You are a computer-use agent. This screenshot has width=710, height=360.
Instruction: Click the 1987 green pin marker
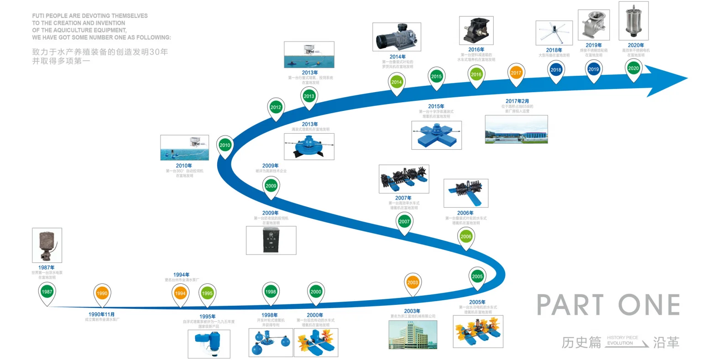(47, 292)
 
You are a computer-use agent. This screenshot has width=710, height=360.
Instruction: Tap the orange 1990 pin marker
(102, 294)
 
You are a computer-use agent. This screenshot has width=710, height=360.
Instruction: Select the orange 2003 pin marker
(412, 283)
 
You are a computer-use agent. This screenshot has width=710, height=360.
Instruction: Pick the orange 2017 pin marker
(516, 73)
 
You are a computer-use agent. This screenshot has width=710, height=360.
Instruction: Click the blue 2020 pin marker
(633, 68)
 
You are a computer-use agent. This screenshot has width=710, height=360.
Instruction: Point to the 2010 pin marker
(225, 146)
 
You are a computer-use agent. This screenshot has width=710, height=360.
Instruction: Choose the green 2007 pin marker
(404, 222)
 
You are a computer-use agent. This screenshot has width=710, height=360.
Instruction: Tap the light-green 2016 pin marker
(476, 74)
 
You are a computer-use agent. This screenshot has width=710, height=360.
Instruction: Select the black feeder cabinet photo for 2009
(271, 240)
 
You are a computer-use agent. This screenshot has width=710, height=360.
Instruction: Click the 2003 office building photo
(412, 335)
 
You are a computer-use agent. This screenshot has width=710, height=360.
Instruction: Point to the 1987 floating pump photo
(47, 245)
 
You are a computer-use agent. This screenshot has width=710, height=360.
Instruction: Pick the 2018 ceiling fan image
(554, 33)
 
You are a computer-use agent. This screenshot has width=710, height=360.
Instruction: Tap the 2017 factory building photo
(516, 130)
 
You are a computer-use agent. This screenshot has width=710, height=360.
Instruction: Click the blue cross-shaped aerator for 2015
(436, 135)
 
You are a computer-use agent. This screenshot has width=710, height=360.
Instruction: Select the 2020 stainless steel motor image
(633, 21)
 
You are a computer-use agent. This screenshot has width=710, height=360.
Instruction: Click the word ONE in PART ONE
(649, 305)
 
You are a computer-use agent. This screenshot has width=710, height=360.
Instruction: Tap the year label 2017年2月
(517, 101)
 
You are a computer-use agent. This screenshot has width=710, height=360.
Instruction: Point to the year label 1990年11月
(102, 315)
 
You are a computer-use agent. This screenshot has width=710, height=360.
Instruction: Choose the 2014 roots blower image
(397, 37)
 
